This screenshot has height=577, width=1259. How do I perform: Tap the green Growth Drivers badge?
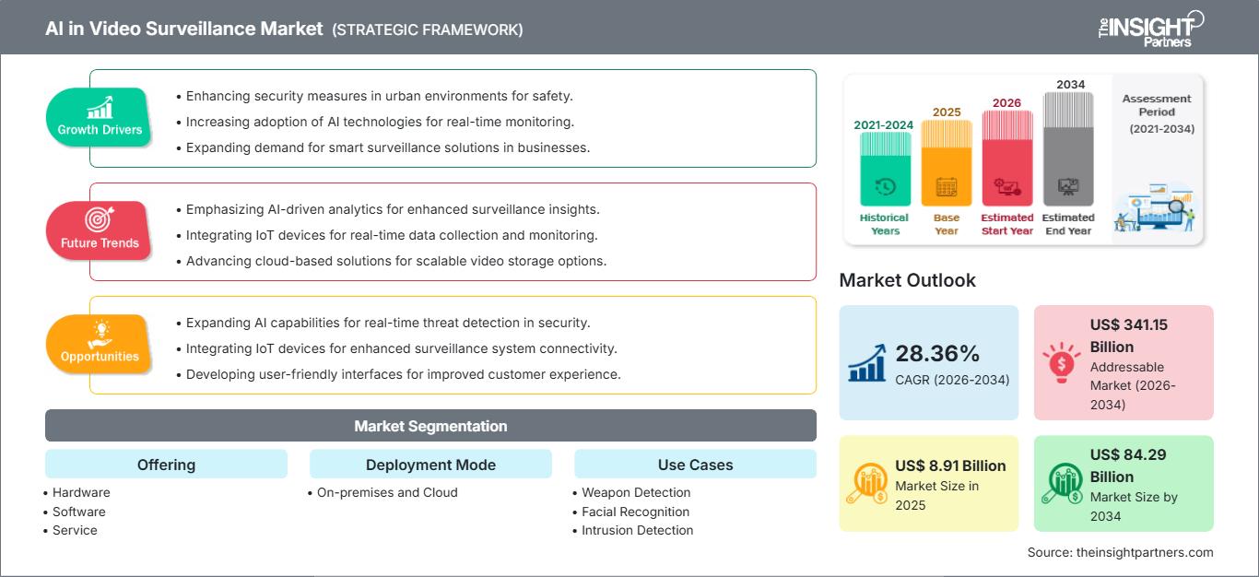click(x=100, y=118)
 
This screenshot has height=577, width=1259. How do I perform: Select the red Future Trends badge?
click(x=100, y=231)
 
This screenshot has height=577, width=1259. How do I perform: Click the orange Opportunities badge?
click(x=100, y=345)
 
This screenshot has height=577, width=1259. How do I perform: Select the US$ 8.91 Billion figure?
click(x=950, y=465)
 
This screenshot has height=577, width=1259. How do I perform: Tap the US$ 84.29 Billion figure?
click(x=1123, y=465)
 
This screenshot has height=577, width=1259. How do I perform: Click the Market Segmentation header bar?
click(x=430, y=426)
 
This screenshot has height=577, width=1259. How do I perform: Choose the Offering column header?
click(x=166, y=465)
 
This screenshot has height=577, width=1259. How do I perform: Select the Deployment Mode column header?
click(x=430, y=465)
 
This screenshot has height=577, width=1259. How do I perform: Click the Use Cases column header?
click(x=695, y=465)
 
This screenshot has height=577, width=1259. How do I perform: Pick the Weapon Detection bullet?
click(x=636, y=492)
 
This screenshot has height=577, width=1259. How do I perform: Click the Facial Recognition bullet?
click(x=635, y=512)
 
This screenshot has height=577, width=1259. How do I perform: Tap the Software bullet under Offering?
click(x=79, y=512)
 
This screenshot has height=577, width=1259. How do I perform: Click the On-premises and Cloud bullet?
click(x=387, y=492)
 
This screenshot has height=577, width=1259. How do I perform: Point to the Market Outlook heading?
click(x=907, y=280)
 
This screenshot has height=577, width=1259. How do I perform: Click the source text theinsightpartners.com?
click(x=1120, y=552)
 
